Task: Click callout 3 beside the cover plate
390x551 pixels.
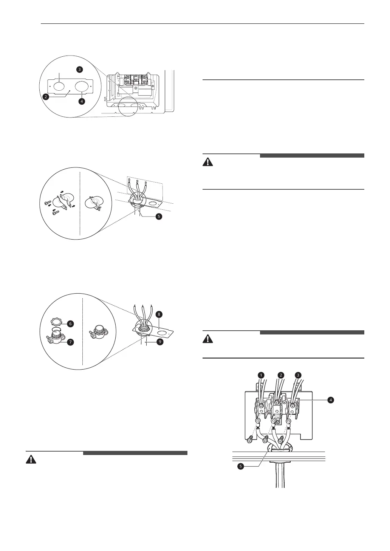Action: coord(79,69)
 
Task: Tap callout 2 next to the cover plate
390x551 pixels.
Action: coord(45,96)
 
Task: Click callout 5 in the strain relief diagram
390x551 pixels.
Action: coord(159,217)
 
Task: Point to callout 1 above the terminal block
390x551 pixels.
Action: coord(261,375)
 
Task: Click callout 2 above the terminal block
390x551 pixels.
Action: coord(280,375)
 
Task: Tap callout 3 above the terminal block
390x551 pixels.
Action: coord(299,375)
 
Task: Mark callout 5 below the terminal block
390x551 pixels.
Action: coord(240,466)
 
